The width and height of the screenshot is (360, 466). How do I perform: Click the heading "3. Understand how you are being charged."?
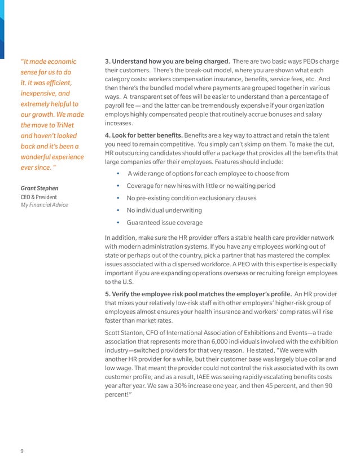pos(167,61)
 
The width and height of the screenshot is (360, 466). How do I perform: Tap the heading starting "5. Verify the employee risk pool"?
pos(197,294)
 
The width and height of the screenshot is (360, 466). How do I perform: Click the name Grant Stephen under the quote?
pos(39,187)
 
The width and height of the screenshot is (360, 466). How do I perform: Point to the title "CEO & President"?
pos(38,196)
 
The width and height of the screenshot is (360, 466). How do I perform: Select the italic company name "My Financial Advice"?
pos(44,205)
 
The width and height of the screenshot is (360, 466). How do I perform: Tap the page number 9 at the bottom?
pos(22,450)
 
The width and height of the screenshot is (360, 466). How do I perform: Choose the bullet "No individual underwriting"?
pos(163,211)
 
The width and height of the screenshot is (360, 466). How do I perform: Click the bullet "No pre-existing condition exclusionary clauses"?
pos(191,198)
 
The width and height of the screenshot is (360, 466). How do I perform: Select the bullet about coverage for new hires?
pos(201,186)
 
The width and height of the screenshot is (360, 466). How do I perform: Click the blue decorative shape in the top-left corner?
pos(2,23)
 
